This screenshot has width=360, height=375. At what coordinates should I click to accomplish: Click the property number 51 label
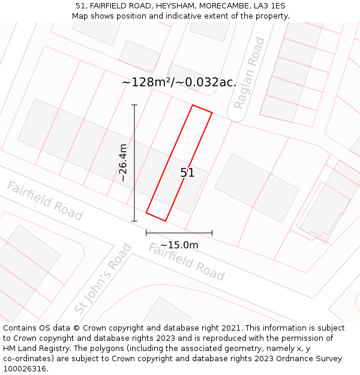[187, 173]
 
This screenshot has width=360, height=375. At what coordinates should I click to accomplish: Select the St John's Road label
[103, 278]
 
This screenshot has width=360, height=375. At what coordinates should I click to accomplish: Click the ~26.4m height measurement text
[122, 163]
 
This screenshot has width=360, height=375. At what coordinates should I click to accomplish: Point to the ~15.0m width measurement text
[179, 245]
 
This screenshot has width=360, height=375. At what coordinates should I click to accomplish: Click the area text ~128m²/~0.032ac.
[179, 82]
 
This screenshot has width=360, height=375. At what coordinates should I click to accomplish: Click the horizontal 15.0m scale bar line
[179, 233]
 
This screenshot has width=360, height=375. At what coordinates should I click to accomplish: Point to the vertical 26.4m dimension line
[134, 163]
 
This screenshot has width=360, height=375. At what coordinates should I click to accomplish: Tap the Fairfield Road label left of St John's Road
[44, 200]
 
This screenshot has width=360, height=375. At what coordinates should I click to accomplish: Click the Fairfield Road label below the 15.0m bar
[187, 262]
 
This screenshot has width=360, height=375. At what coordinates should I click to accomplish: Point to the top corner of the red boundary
[193, 105]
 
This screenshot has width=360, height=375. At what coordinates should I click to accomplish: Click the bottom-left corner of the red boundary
[146, 212]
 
